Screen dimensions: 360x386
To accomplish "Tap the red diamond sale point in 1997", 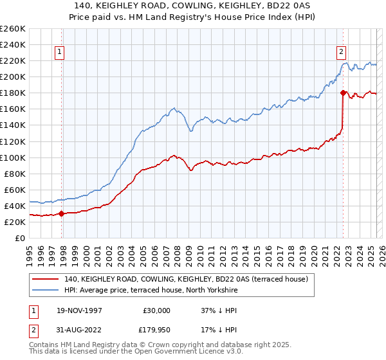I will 62,214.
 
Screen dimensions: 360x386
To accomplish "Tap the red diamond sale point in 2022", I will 343,93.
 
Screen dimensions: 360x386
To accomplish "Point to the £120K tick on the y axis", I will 13,141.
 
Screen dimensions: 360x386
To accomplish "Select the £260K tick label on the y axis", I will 13,29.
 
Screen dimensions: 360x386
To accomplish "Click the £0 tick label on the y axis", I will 20,239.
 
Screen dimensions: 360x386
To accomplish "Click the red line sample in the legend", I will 46,279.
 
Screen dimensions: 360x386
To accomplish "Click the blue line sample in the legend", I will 46,291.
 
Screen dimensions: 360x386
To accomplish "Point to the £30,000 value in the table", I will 156,310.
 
